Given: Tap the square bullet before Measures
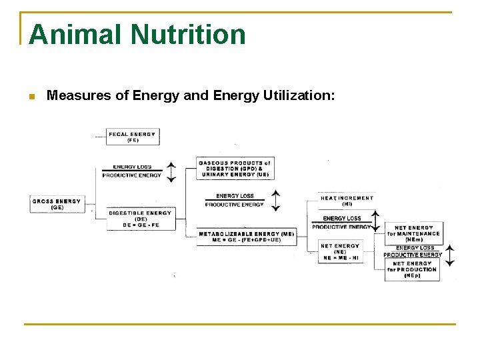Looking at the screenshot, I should tap(31, 97).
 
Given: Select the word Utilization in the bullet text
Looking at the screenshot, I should tap(291, 96).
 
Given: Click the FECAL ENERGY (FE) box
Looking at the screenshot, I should tap(132, 137).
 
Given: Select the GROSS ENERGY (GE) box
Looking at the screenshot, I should tap(57, 204).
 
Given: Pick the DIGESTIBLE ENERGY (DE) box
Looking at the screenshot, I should tap(140, 215).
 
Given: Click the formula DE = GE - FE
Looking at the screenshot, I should tap(140, 225).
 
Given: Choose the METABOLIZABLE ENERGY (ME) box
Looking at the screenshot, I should tap(246, 234).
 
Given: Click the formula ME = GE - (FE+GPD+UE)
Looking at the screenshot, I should tap(246, 241).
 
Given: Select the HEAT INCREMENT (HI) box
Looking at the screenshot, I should tap(347, 201).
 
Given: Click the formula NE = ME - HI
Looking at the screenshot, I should tap(340, 258).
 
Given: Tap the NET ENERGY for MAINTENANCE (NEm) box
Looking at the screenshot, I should tap(413, 233).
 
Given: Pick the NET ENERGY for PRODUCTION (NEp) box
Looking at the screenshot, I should tap(412, 269).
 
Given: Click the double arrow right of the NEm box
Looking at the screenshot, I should tap(450, 255).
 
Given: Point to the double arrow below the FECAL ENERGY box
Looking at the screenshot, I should tap(171, 171).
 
